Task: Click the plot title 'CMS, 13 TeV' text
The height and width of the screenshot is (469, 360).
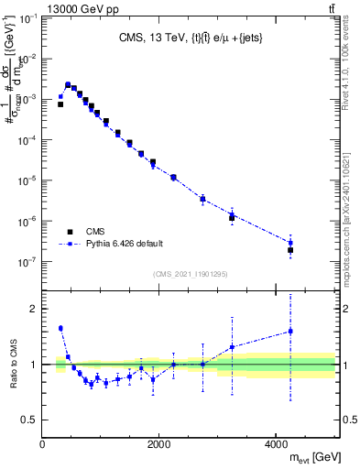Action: tap(152, 38)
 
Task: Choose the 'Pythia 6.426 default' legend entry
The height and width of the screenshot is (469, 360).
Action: tap(111, 244)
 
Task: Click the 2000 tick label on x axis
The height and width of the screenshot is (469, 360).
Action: tap(159, 445)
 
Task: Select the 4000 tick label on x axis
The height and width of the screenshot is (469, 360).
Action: tap(276, 445)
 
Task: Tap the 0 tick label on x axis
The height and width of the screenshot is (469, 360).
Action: tap(43, 445)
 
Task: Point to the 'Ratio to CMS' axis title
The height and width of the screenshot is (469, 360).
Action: tap(12, 365)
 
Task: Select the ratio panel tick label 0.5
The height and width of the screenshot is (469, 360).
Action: tap(29, 420)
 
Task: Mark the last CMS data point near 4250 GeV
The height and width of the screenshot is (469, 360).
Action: tap(290, 250)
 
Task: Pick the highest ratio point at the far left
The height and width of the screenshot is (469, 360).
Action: tap(60, 328)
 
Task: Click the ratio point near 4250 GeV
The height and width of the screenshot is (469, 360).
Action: tap(290, 332)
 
